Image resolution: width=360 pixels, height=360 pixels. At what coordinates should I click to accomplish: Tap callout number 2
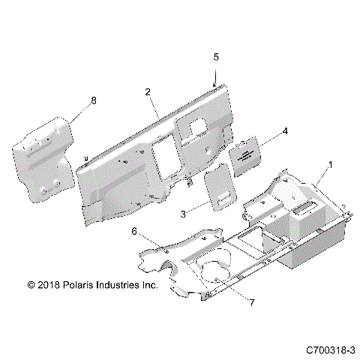coord(148,92)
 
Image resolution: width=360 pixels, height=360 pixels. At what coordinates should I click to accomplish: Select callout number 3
coord(183,214)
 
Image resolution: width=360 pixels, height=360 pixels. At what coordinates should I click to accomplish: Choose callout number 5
coord(216,56)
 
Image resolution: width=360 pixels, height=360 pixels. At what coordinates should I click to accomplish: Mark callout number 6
coord(134,233)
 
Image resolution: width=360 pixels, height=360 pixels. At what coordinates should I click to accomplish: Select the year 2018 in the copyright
coord(49,286)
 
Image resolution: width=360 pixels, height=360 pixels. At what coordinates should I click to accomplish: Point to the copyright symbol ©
coord(31,286)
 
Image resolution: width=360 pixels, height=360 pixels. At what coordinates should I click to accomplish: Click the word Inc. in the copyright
coord(166,286)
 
